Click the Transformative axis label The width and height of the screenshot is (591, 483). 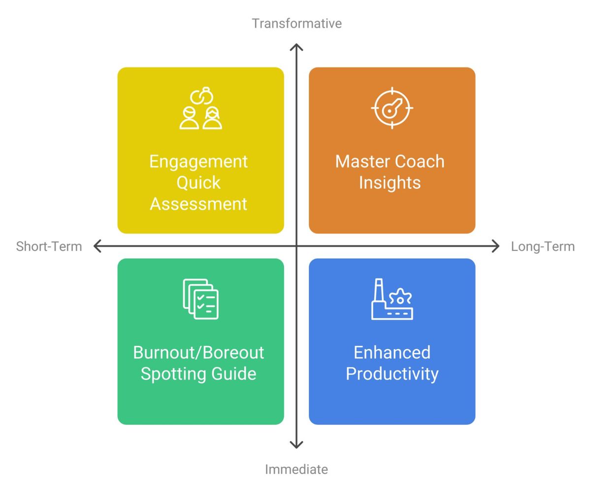(296, 23)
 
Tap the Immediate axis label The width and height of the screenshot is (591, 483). (296, 469)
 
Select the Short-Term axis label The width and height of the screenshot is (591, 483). (49, 246)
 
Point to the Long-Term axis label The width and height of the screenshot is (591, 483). (542, 246)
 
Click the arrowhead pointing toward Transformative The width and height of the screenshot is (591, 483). (296, 47)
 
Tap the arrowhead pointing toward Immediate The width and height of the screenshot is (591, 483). (296, 446)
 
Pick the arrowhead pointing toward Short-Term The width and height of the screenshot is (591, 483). (97, 246)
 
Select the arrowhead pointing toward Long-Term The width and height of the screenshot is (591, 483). (496, 246)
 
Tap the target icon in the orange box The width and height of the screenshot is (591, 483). (392, 108)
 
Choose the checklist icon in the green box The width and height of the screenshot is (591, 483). (200, 299)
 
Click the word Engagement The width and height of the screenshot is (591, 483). (198, 162)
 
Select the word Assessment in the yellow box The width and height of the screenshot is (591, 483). (198, 204)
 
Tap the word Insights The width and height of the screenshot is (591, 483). (390, 182)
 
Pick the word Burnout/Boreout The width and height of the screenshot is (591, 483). (198, 352)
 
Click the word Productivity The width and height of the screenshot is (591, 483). (392, 373)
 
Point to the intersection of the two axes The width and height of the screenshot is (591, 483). (296, 246)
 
